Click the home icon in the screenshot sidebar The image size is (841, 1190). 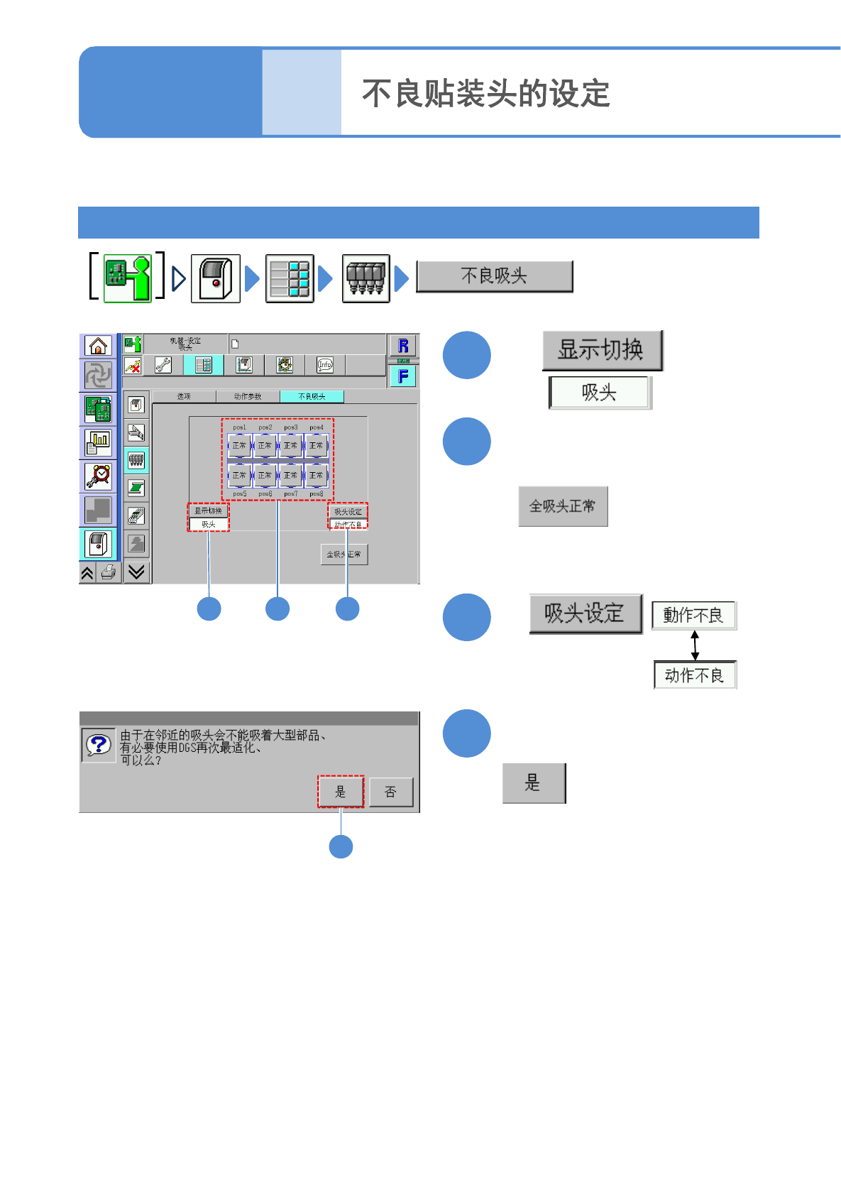pyautogui.click(x=98, y=346)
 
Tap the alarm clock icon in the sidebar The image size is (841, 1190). pyautogui.click(x=98, y=476)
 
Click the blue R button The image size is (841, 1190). pyautogui.click(x=403, y=346)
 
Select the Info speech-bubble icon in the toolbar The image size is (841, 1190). pyautogui.click(x=325, y=365)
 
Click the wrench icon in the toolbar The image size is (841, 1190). pyautogui.click(x=163, y=365)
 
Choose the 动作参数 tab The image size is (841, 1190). pyautogui.click(x=248, y=396)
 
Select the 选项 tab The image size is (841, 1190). pyautogui.click(x=184, y=396)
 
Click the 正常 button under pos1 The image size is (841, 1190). pyautogui.click(x=239, y=445)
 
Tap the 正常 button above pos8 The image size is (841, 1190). pyautogui.click(x=316, y=475)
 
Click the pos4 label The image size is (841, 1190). pyautogui.click(x=317, y=427)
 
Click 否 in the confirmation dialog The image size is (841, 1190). pyautogui.click(x=390, y=792)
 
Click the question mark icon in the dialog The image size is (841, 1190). pyautogui.click(x=99, y=744)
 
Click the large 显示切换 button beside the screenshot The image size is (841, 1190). pyautogui.click(x=602, y=350)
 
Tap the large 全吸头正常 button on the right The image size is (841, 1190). pyautogui.click(x=563, y=506)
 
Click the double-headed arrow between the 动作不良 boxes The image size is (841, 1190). pyautogui.click(x=695, y=645)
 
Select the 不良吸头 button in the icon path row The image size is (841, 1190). pyautogui.click(x=494, y=276)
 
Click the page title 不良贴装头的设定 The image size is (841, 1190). pyautogui.click(x=486, y=94)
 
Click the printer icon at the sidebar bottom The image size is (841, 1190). pyautogui.click(x=109, y=572)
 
